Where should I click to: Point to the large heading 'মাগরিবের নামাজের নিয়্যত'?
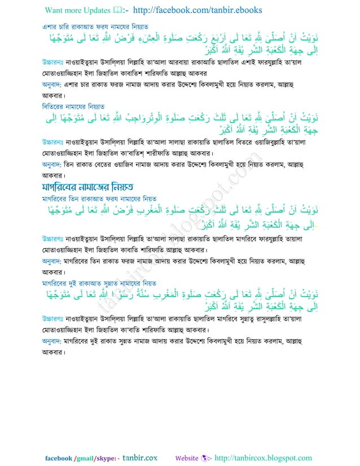pyautogui.click(x=95, y=186)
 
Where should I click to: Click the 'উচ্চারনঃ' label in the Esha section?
pyautogui.click(x=55, y=61)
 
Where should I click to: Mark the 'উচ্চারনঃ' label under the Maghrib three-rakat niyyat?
pyautogui.click(x=55, y=236)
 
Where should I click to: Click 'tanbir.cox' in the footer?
pyautogui.click(x=140, y=458)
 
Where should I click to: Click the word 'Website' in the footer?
pyautogui.click(x=187, y=458)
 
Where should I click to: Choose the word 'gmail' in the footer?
pyautogui.click(x=84, y=458)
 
